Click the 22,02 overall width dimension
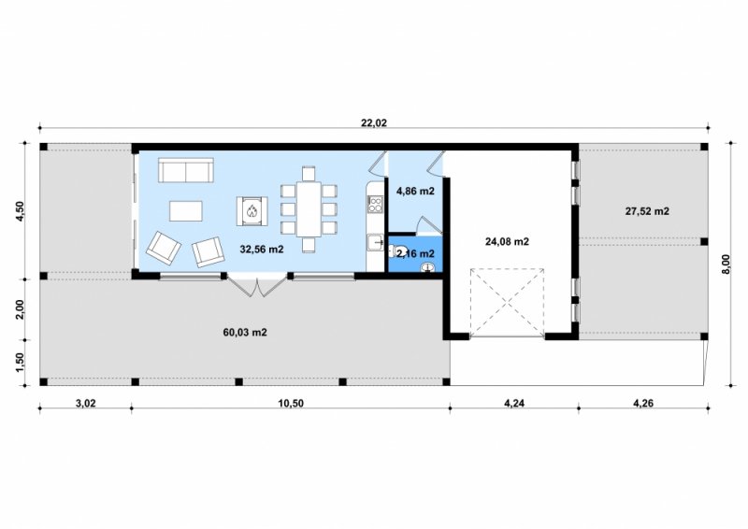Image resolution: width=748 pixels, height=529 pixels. coord(374,122)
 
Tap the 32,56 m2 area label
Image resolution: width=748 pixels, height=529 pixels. coord(262,249)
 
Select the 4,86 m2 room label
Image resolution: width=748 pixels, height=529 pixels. coord(415,192)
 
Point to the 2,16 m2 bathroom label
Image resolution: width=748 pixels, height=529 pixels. coord(415,254)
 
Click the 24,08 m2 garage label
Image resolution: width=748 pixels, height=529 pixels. coord(507,242)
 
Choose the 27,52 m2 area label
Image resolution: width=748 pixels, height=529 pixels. coord(647,211)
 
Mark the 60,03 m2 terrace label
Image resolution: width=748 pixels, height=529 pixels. coord(245,333)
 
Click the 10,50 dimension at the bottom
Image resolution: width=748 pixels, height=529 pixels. coord(291,404)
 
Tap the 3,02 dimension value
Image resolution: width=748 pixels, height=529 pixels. coord(86,404)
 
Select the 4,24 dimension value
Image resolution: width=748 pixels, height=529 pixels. coord(514,404)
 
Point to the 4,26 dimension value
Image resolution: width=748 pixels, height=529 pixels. coord(643,404)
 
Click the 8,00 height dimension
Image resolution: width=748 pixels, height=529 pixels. coord(726,264)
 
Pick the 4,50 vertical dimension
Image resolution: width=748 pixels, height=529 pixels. coord(20,211)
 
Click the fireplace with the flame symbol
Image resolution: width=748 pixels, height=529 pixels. coord(252,211)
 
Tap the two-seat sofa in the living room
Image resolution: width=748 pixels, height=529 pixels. coord(185,170)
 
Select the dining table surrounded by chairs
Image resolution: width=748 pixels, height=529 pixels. coord(309,209)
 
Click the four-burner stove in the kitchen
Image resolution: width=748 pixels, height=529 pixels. coord(375,204)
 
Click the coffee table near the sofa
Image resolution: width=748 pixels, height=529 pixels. coord(186,211)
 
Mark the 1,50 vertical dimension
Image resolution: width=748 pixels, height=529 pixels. coord(20,363)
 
